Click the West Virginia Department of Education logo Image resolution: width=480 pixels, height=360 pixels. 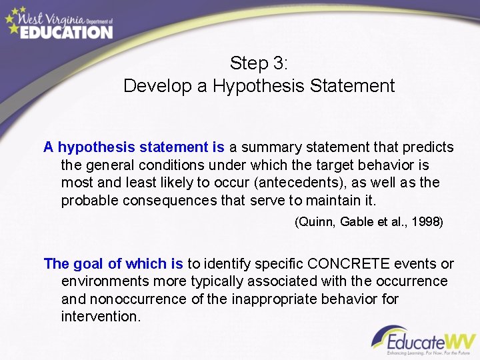click(x=58, y=23)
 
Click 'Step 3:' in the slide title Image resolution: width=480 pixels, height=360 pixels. click(x=259, y=64)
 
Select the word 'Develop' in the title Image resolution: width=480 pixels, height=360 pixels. click(x=154, y=86)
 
